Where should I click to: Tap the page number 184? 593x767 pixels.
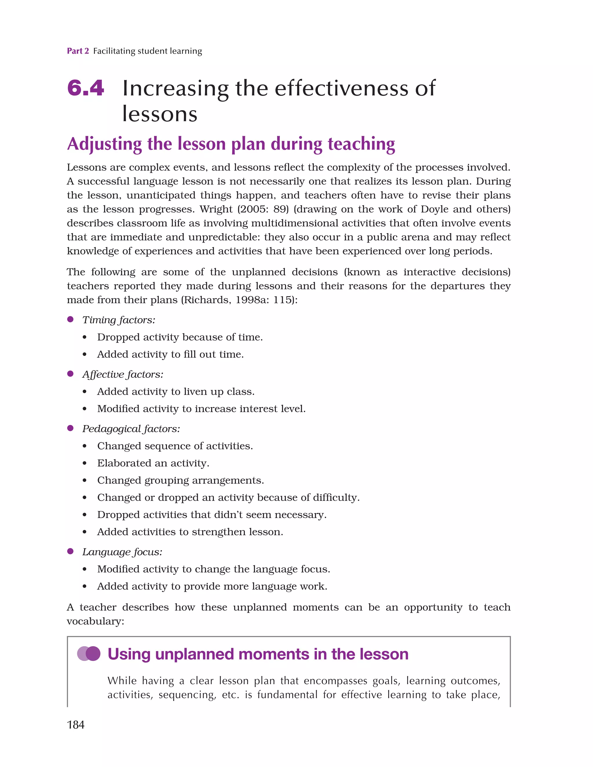pos(76,724)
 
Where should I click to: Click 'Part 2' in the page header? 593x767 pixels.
pos(78,51)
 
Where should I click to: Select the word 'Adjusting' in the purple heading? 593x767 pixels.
pos(104,144)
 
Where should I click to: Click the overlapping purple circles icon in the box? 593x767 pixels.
pos(89,654)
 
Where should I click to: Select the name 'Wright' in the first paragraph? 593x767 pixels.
pos(216,209)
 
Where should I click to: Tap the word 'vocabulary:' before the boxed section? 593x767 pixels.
pos(96,621)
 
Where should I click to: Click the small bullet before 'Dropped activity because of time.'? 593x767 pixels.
pos(85,337)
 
